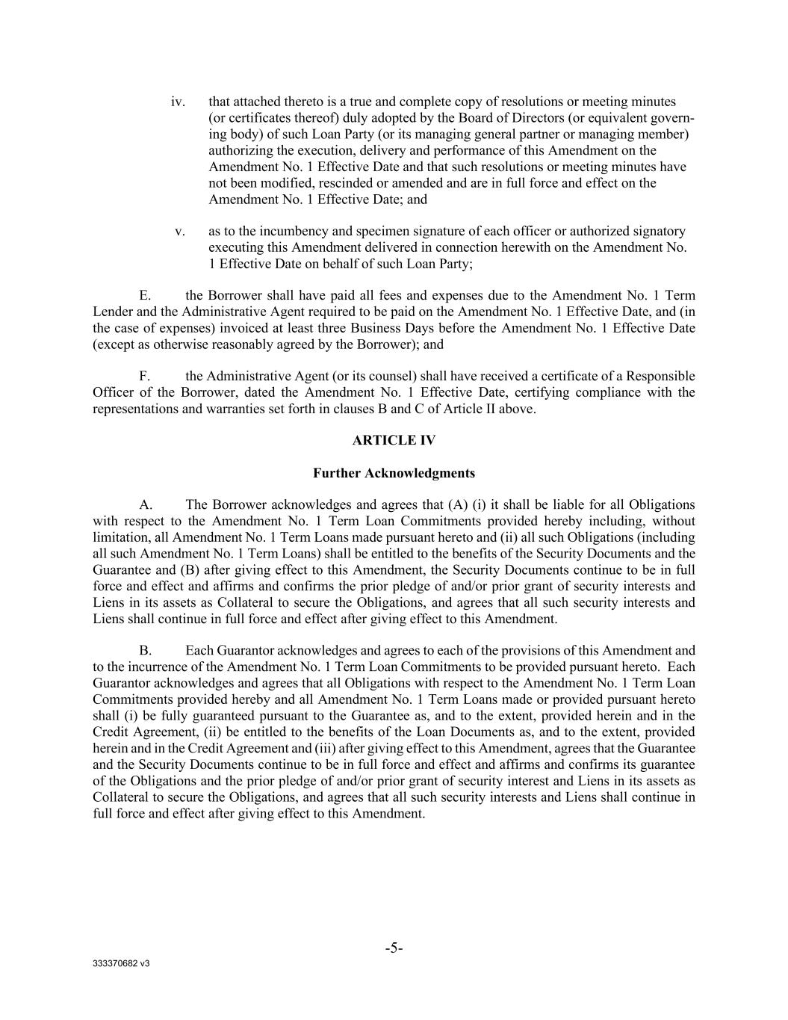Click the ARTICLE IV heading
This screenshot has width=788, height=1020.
coord(394,441)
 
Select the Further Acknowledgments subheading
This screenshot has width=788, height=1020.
coord(394,473)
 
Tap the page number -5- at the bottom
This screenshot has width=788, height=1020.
coord(394,948)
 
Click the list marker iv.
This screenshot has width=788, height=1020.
coord(178,102)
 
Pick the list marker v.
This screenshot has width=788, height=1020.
coord(180,232)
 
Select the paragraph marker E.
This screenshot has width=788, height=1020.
coord(145,296)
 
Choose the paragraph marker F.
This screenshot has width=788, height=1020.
coord(145,376)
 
